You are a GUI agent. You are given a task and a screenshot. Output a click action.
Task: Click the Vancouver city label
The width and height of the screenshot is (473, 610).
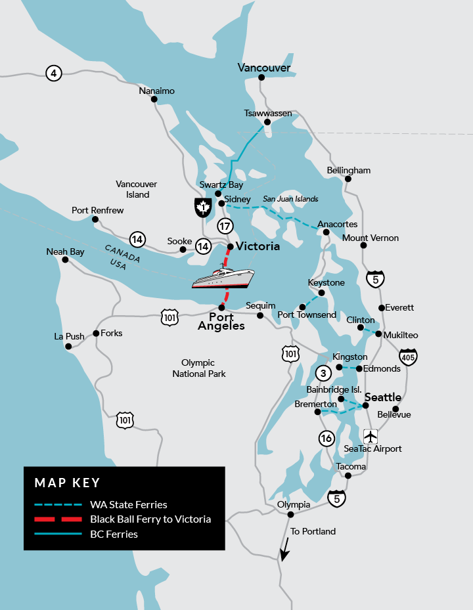(x=264, y=68)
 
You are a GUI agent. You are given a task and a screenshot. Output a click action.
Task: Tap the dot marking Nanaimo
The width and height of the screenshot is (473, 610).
(x=154, y=100)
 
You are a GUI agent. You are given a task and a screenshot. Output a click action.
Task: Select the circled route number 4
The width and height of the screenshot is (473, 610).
(x=53, y=73)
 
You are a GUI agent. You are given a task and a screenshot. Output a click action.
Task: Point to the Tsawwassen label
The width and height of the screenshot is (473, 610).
(x=267, y=114)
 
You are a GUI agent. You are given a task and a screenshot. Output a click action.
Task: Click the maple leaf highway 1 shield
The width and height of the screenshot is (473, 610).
(x=202, y=207)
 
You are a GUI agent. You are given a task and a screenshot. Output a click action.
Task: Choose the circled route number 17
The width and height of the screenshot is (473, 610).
(x=225, y=227)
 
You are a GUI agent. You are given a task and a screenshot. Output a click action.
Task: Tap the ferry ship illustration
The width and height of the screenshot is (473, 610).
(x=223, y=279)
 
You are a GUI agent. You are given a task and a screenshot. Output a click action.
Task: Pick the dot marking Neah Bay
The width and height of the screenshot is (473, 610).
(x=65, y=260)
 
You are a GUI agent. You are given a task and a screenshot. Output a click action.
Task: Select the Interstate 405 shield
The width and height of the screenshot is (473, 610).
(x=408, y=357)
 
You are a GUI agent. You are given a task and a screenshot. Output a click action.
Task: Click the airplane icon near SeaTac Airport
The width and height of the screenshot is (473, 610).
(x=371, y=435)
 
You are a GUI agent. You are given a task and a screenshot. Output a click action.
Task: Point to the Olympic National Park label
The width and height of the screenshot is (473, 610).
(x=199, y=368)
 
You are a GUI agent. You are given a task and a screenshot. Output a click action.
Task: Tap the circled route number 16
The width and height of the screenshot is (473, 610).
(x=326, y=438)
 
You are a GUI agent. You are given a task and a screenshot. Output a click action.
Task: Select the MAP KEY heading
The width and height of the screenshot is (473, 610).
(x=67, y=483)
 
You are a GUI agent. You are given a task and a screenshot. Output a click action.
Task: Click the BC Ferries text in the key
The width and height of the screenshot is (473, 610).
(x=114, y=534)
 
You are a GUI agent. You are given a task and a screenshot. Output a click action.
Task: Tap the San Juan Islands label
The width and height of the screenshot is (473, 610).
(x=290, y=199)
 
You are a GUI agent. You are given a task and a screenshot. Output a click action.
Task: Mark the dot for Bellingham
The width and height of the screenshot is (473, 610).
(x=348, y=179)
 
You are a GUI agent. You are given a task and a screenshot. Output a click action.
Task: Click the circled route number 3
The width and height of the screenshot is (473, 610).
(x=323, y=373)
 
